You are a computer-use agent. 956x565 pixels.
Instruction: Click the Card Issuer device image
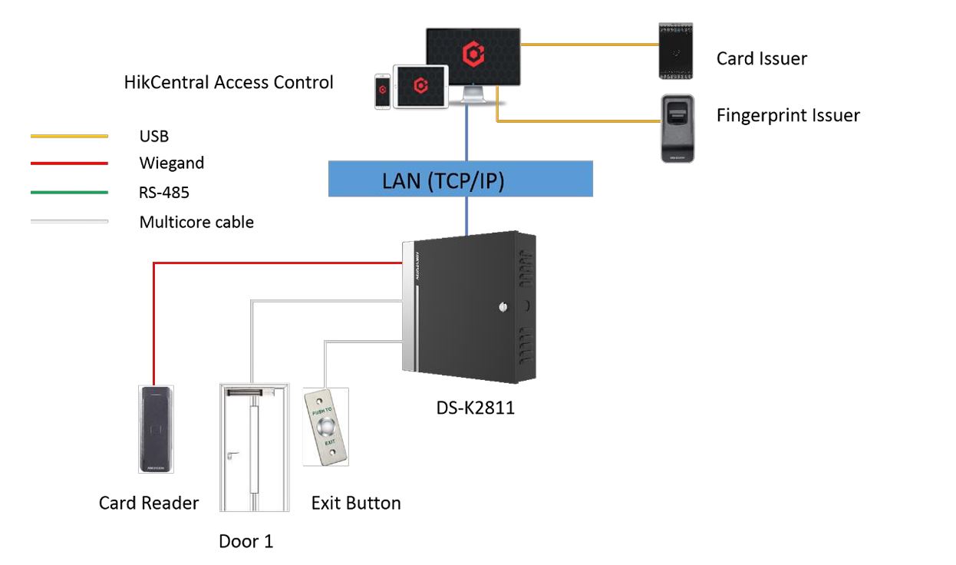pos(676,51)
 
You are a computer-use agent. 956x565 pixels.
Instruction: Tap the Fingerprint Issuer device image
pos(677,128)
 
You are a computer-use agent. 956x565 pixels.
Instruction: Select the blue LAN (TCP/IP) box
pos(460,179)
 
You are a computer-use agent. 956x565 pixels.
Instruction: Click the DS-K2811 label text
pos(475,408)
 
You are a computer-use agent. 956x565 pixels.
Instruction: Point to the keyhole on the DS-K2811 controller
pos(503,307)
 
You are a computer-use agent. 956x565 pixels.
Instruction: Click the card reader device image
pos(157,429)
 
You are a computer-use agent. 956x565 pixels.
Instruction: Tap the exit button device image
pos(326,426)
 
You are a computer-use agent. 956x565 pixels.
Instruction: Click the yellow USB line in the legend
pos(69,137)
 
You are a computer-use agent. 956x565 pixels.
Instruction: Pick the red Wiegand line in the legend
pos(69,164)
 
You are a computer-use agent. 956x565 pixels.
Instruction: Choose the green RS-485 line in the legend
pos(69,193)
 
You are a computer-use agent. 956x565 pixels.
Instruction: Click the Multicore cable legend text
pos(196,223)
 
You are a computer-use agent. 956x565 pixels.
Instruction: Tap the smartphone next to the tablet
pos(383,92)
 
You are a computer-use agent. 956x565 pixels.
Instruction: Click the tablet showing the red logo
pos(420,87)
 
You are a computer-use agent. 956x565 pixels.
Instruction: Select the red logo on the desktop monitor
pos(473,54)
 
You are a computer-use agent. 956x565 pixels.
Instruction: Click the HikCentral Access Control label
pos(229,82)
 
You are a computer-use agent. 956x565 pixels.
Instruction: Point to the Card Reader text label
pos(149,503)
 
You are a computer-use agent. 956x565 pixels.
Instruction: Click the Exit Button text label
pos(356,504)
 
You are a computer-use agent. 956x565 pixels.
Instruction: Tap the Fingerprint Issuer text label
pos(788,115)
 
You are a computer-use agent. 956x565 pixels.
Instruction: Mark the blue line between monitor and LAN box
pos(467,134)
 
